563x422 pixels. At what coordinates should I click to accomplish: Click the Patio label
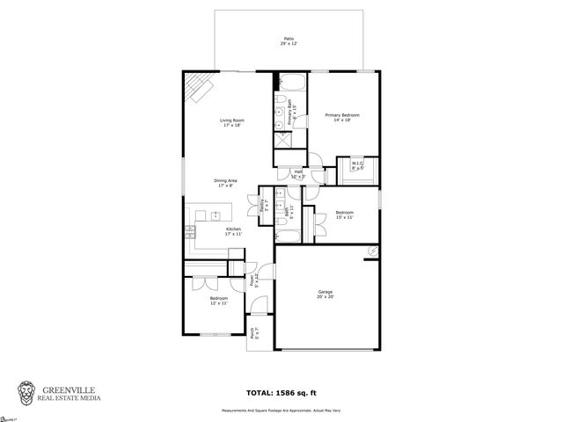pos(288,40)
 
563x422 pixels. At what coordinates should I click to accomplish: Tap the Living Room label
pos(231,122)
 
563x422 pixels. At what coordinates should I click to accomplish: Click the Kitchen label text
pos(232,230)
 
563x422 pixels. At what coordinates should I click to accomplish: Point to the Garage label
pos(325,294)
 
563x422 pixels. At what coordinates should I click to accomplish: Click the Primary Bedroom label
pos(343,117)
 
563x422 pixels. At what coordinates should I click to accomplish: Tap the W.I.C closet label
pos(358,164)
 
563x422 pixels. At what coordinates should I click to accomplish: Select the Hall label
pos(298,174)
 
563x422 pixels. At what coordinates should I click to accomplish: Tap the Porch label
pos(254,332)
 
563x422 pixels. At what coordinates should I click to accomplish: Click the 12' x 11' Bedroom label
pos(219,301)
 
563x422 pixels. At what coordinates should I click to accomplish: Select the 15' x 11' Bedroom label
pos(345,215)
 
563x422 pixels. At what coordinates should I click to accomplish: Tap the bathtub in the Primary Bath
pos(290,84)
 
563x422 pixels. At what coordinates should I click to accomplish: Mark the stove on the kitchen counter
pos(190,232)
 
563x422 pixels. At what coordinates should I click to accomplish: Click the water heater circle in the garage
pos(371,251)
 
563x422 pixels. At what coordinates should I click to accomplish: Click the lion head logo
pos(27,391)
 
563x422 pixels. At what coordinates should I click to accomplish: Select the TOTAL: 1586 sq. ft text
pos(281,393)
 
